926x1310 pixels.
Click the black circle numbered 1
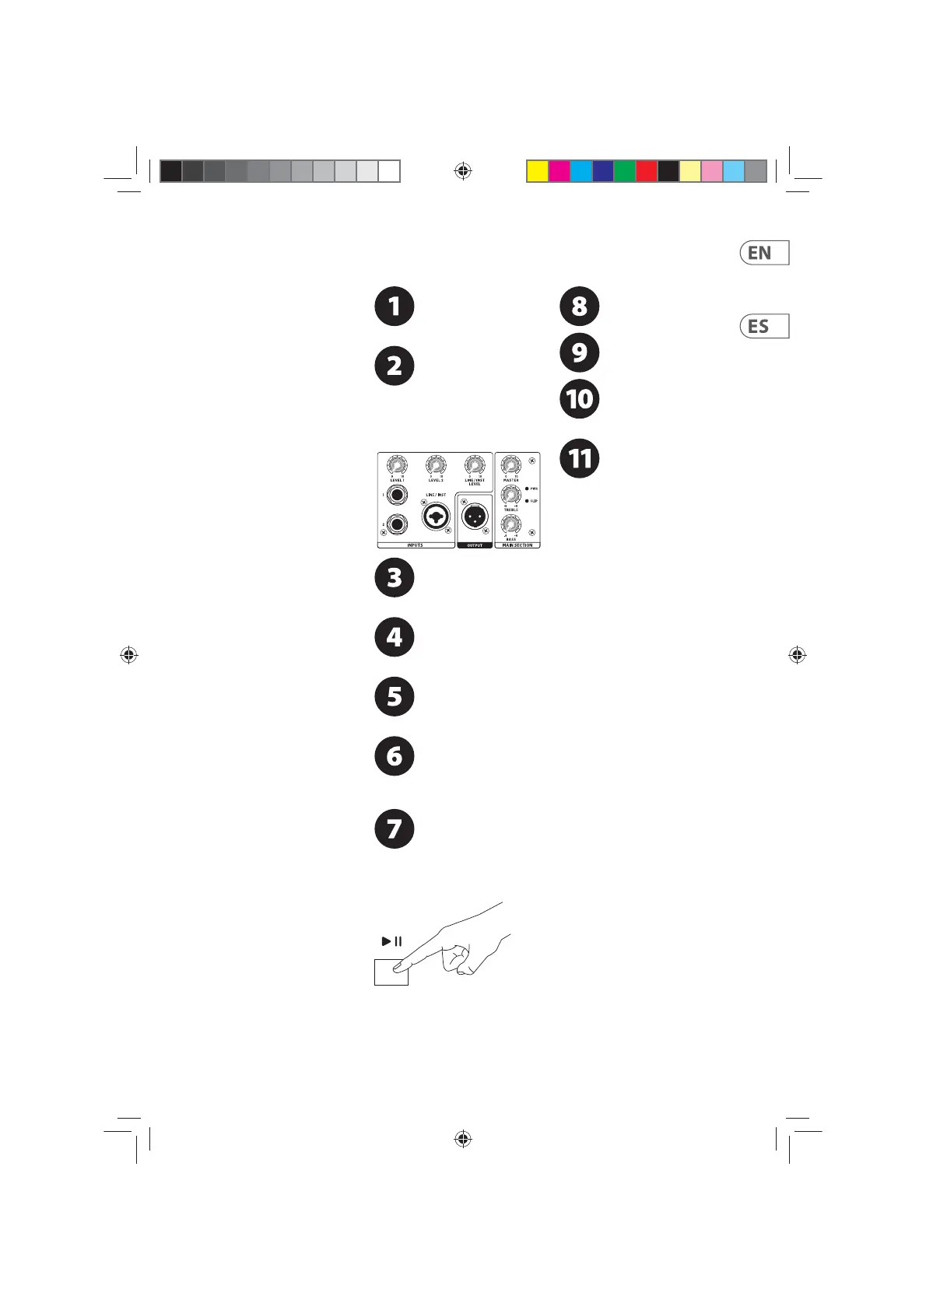tap(395, 306)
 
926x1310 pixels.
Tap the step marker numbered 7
tap(395, 828)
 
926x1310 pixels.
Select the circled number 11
tap(580, 458)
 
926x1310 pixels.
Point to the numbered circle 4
tap(395, 637)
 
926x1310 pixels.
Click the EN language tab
tap(763, 253)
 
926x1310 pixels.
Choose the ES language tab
tap(763, 327)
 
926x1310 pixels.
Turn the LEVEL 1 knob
tap(397, 465)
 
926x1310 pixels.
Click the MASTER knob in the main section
tap(510, 465)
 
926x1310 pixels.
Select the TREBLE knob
tap(510, 495)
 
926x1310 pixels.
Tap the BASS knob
tap(510, 524)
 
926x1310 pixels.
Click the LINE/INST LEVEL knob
tap(474, 465)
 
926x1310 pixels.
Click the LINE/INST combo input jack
tap(436, 516)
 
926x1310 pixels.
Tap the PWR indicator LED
tap(528, 489)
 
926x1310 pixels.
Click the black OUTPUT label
tap(475, 545)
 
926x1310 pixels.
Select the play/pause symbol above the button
tap(392, 941)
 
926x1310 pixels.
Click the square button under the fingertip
tap(391, 972)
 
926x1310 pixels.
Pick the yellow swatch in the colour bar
tap(537, 171)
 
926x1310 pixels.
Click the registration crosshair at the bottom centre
tap(463, 1140)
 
